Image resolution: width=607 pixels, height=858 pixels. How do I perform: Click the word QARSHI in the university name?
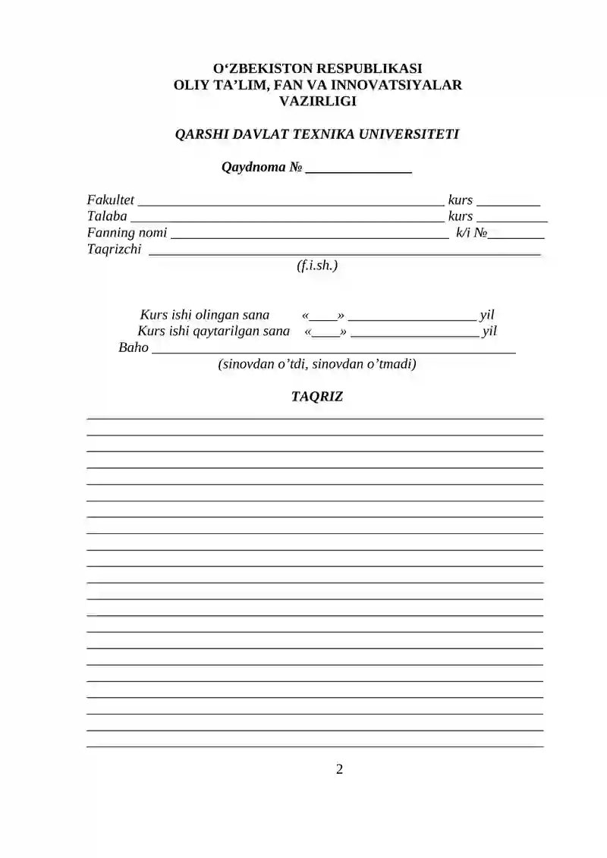[x=200, y=134]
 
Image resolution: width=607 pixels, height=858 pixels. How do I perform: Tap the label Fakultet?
[x=111, y=200]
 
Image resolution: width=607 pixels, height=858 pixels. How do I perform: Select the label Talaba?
[x=107, y=216]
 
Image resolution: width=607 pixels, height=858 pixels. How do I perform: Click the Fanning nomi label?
[x=127, y=233]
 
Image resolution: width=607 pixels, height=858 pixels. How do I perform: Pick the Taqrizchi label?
[x=114, y=249]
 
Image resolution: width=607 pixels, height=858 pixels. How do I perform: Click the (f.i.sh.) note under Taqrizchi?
[x=317, y=266]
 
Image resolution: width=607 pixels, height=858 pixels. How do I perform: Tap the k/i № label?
[x=470, y=233]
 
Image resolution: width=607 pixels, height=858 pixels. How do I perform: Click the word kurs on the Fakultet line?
[x=461, y=200]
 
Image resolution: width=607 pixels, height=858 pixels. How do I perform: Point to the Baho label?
[x=134, y=348]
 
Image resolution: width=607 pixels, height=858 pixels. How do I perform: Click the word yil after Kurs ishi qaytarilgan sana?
[x=489, y=332]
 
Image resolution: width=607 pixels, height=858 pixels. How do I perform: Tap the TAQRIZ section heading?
[x=317, y=397]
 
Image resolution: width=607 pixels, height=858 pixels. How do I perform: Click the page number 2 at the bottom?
[x=339, y=770]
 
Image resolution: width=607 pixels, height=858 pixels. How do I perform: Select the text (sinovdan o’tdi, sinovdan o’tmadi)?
[x=317, y=364]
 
